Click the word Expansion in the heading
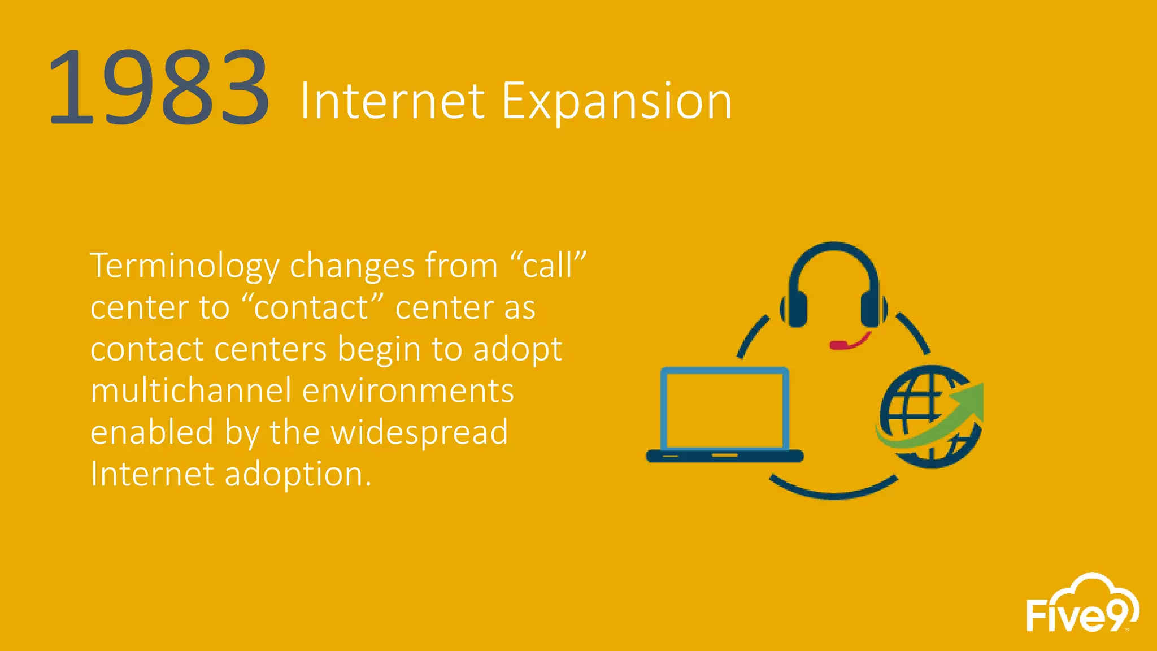click(617, 102)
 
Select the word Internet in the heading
click(392, 102)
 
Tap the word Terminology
click(184, 266)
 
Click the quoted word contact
click(312, 307)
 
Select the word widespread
click(419, 432)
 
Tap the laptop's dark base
click(725, 455)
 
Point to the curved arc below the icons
click(834, 492)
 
